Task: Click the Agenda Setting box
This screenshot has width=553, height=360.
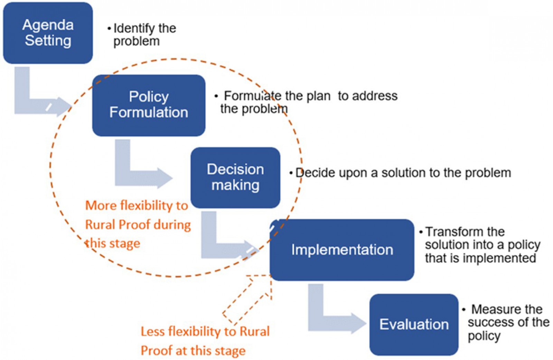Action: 48,33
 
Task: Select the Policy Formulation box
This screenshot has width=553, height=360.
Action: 149,105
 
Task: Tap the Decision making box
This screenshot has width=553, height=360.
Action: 235,177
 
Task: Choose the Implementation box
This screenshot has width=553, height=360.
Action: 342,249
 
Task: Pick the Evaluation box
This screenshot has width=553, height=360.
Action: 414,324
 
